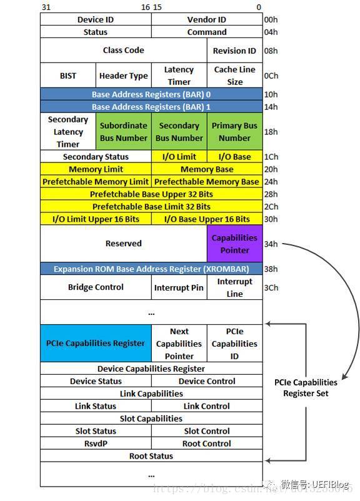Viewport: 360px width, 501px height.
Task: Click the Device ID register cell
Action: tap(96, 19)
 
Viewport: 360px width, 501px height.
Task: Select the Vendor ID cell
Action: tap(207, 19)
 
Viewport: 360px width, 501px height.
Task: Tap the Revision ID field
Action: tap(234, 51)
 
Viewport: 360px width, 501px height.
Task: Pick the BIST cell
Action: tap(68, 76)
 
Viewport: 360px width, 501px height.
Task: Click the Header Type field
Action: tap(123, 76)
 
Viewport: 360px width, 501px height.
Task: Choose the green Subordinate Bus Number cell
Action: tap(123, 131)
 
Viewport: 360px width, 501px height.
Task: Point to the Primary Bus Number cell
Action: tap(234, 131)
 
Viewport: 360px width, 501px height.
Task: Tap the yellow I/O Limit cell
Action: tap(179, 157)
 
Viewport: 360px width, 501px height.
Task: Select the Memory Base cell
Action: tap(207, 169)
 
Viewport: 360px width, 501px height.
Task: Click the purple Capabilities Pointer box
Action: tap(234, 244)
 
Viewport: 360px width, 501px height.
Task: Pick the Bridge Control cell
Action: tap(96, 287)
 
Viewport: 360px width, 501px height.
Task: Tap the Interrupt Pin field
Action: tap(179, 287)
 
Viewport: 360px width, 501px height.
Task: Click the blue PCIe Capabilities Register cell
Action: tap(96, 343)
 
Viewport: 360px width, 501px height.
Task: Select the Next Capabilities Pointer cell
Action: tap(179, 344)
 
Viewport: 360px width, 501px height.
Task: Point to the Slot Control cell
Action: tap(207, 431)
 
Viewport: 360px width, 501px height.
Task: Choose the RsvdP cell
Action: tap(96, 444)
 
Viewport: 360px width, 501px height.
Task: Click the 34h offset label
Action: tap(271, 244)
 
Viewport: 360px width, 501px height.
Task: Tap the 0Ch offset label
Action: tap(271, 76)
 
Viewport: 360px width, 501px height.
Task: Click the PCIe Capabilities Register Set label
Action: tap(306, 387)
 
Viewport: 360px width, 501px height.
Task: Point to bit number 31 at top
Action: tap(46, 7)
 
